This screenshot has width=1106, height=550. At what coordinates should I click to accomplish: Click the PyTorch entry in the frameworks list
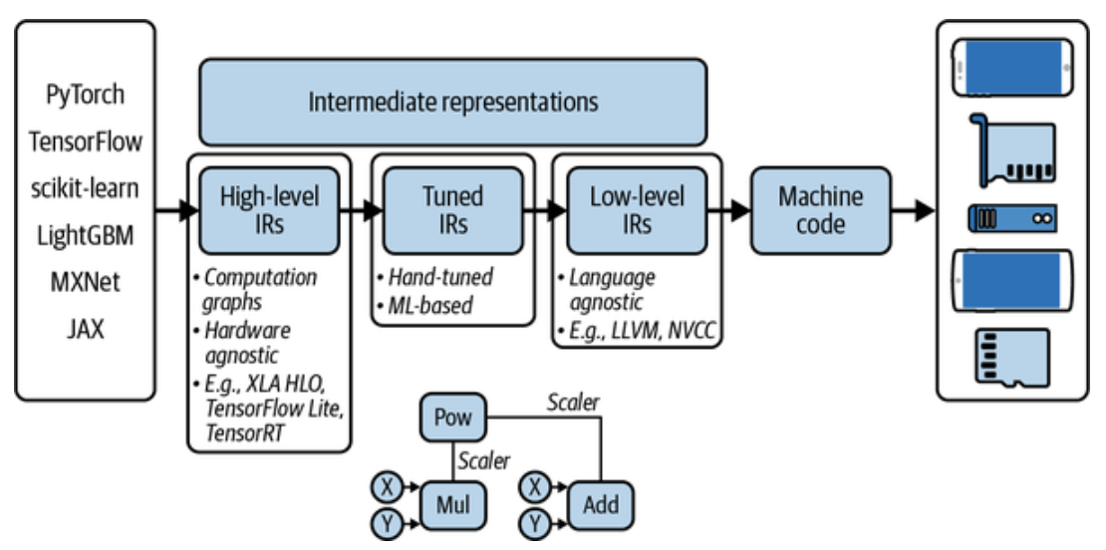[86, 94]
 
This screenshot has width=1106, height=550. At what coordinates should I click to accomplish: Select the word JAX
[86, 329]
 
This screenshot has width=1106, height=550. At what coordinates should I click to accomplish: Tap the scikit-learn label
[86, 188]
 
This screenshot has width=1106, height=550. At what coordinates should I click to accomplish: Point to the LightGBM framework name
[86, 235]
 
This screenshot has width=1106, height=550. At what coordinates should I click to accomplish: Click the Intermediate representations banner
[452, 103]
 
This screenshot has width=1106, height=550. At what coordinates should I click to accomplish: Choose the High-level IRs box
[269, 210]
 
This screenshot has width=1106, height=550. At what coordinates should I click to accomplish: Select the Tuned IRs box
[452, 210]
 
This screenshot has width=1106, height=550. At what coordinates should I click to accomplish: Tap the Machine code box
[820, 210]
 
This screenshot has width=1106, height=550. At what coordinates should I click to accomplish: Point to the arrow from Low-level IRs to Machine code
[728, 210]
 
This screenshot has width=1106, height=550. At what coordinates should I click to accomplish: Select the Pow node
[452, 416]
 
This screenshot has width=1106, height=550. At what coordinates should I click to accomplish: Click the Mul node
[452, 505]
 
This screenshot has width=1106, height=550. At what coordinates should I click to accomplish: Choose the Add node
[601, 505]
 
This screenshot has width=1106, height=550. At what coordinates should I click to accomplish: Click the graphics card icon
[1013, 149]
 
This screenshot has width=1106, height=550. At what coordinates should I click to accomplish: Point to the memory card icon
[1012, 358]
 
